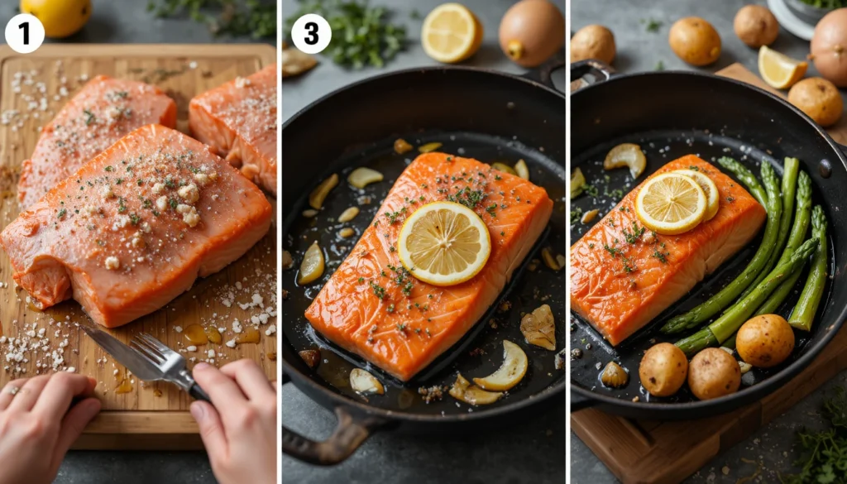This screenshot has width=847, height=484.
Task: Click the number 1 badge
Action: (25, 33)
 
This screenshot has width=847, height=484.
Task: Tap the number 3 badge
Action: (311, 33)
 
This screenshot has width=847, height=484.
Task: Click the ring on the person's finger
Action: (12, 390)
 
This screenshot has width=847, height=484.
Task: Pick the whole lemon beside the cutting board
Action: (55, 17)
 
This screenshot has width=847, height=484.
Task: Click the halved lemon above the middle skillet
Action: (452, 32)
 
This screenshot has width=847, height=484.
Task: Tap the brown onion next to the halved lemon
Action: (532, 32)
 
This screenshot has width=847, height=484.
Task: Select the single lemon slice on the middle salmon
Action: (444, 243)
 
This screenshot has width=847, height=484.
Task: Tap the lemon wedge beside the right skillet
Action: (782, 67)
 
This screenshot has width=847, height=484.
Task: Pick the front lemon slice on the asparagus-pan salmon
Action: (671, 203)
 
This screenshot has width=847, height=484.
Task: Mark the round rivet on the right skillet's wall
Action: (825, 168)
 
